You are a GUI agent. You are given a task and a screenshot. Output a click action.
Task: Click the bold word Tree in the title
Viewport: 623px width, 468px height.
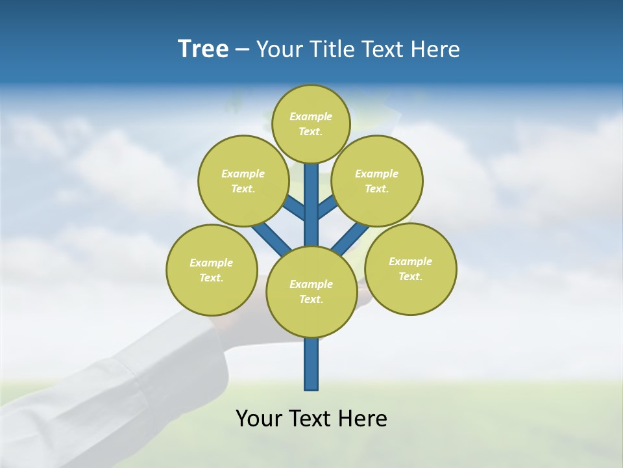point(203,49)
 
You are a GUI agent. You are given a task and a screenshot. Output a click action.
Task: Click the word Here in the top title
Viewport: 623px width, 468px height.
point(435,49)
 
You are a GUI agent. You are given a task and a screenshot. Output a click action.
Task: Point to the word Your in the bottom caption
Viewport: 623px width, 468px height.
point(260,419)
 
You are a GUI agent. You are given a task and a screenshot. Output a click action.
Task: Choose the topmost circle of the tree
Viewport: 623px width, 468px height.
point(311,123)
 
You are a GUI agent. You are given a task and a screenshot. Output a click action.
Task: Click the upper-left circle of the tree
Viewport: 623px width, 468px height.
point(243,181)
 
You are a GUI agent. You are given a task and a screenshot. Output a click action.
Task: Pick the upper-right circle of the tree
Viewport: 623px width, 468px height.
point(376,181)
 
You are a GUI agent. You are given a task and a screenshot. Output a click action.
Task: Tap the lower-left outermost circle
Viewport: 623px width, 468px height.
point(212,270)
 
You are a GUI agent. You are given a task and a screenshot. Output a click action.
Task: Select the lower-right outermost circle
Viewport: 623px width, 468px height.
point(410,268)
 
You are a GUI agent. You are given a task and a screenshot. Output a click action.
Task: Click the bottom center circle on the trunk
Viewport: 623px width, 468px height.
point(311,291)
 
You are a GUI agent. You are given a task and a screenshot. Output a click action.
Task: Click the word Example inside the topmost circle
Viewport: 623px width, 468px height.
point(311,116)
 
